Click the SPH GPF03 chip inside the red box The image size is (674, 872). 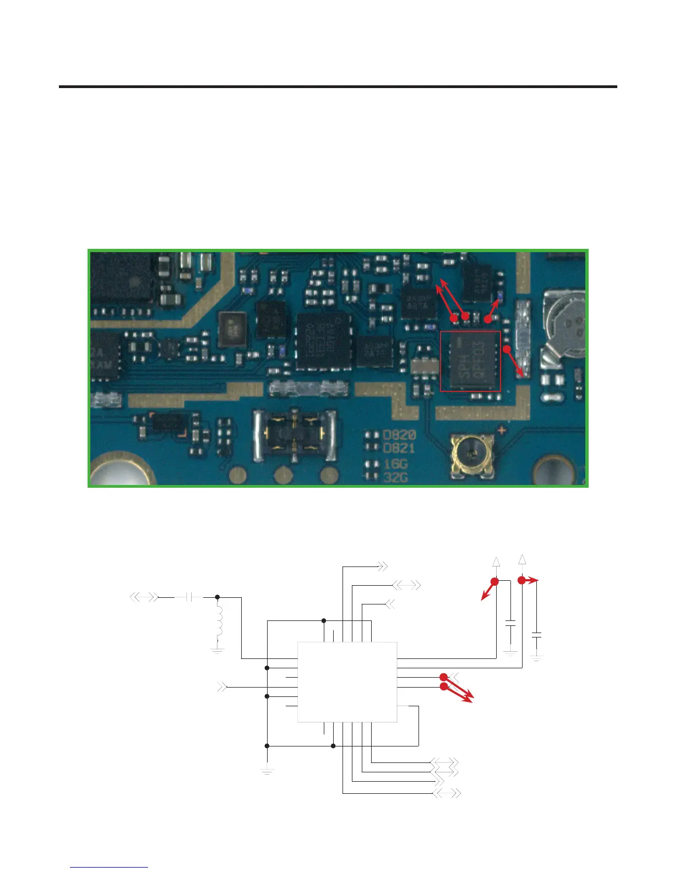471,361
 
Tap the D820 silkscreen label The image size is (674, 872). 399,436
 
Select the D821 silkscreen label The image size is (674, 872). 399,449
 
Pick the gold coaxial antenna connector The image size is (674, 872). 470,454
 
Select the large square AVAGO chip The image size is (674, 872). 323,341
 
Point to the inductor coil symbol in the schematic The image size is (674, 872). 219,622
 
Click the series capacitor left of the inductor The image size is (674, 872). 188,597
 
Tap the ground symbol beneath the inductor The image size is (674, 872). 218,650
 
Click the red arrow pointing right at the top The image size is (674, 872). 531,580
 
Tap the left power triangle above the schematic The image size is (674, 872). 496,562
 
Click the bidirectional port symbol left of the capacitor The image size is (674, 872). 143,597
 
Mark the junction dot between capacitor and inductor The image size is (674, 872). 218,597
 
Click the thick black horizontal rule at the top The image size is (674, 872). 337,86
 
